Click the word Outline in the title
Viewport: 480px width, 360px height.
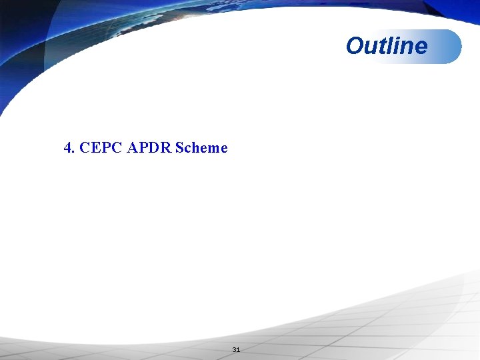click(x=387, y=46)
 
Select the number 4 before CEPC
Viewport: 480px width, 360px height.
click(x=67, y=147)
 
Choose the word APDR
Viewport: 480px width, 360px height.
click(x=149, y=147)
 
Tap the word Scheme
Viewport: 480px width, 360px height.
click(x=201, y=147)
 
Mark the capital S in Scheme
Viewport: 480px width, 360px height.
click(x=179, y=147)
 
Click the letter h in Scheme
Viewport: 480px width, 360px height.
click(x=195, y=147)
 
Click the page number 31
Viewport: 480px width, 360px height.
click(x=235, y=350)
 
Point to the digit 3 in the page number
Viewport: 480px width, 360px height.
click(x=234, y=350)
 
